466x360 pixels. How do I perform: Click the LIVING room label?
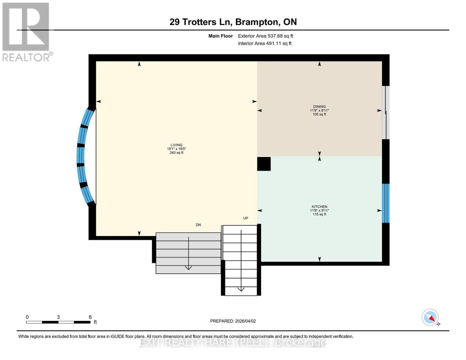tap(176, 145)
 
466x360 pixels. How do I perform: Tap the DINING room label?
tap(319, 106)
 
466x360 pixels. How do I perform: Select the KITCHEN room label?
tap(319, 206)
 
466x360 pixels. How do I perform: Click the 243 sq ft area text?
tap(176, 153)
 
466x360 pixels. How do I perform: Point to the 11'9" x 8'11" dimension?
tap(319, 110)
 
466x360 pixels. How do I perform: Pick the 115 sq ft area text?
tap(319, 214)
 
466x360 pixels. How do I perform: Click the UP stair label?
tap(245, 218)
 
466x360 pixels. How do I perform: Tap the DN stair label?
tap(198, 225)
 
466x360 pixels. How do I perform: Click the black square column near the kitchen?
tap(264, 164)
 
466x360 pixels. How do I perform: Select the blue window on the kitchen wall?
tap(386, 203)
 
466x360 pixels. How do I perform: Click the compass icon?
tap(430, 317)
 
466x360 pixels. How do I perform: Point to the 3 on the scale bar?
tap(58, 317)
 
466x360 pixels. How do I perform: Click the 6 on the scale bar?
tap(90, 317)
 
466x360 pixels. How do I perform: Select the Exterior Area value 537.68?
tap(275, 36)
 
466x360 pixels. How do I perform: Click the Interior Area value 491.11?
tap(273, 43)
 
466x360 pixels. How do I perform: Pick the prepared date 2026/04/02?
tap(245, 321)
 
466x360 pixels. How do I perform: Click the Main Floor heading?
tap(221, 36)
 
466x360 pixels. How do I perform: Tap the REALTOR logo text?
tap(26, 58)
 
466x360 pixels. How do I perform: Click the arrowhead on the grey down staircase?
tap(188, 268)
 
